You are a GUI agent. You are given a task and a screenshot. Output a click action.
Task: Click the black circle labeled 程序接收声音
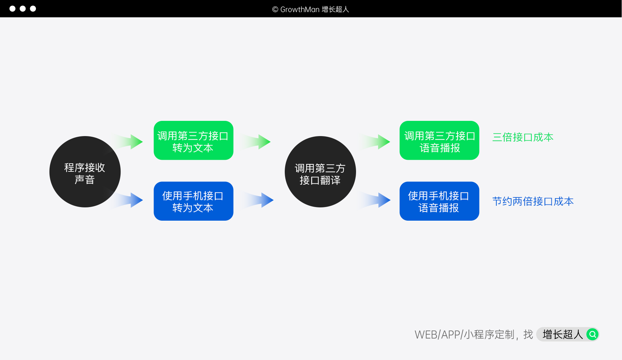[85, 172]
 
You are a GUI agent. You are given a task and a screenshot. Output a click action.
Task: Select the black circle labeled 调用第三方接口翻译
[320, 172]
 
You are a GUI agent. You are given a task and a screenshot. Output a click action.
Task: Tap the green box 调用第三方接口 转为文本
[193, 140]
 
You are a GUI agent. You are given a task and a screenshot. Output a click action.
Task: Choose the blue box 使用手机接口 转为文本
[193, 201]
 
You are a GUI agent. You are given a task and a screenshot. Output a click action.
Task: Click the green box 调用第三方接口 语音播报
[439, 140]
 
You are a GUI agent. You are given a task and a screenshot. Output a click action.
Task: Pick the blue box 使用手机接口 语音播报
[439, 201]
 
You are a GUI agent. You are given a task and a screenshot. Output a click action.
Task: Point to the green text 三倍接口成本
[523, 137]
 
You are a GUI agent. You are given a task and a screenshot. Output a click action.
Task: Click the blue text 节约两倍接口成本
[533, 201]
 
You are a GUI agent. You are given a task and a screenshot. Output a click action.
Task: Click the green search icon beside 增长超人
[593, 334]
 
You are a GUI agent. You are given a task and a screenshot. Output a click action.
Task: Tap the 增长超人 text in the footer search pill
[562, 334]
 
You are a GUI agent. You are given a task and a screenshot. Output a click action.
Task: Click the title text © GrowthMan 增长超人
[310, 9]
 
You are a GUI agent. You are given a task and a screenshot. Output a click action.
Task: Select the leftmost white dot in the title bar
[12, 9]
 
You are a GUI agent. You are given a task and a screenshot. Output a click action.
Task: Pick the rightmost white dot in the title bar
[33, 9]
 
